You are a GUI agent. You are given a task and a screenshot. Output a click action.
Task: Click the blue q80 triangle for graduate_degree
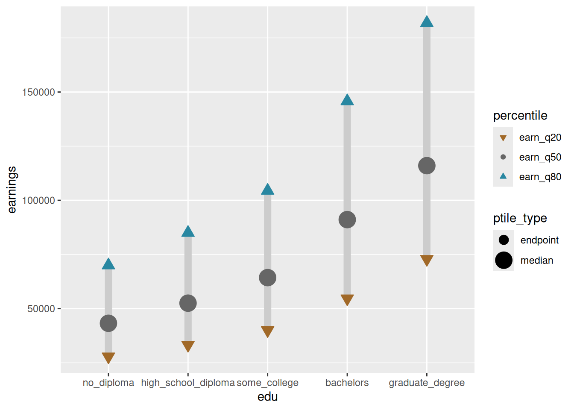click(427, 22)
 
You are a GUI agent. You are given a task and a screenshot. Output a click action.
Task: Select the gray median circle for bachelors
click(347, 220)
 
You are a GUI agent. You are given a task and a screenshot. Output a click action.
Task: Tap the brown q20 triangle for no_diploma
click(108, 357)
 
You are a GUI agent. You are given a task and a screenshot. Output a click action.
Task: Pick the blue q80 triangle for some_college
click(267, 190)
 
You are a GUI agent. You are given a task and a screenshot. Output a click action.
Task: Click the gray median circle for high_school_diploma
click(188, 303)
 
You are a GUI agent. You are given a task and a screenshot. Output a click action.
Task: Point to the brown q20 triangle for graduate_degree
click(427, 260)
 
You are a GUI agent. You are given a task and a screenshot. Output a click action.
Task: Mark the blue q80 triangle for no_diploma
click(108, 265)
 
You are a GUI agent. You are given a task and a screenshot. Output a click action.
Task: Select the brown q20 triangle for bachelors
click(347, 299)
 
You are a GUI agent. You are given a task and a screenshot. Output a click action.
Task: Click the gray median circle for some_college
click(267, 278)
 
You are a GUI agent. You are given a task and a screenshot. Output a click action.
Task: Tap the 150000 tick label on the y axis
click(39, 92)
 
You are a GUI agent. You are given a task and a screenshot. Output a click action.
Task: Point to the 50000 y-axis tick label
click(41, 309)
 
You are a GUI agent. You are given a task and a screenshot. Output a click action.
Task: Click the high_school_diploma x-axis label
click(188, 383)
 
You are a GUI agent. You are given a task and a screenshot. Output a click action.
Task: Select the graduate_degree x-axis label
click(427, 383)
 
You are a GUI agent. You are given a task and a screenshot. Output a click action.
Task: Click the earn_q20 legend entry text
click(540, 138)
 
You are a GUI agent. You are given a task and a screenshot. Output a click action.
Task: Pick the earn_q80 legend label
click(540, 177)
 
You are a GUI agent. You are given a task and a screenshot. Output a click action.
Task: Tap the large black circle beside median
click(504, 261)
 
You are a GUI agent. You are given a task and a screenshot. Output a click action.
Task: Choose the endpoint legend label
click(540, 240)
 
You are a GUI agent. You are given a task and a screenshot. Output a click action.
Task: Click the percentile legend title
click(520, 116)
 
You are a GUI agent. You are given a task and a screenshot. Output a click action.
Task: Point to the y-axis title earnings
click(12, 190)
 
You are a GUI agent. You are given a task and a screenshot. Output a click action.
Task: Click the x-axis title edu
click(267, 397)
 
